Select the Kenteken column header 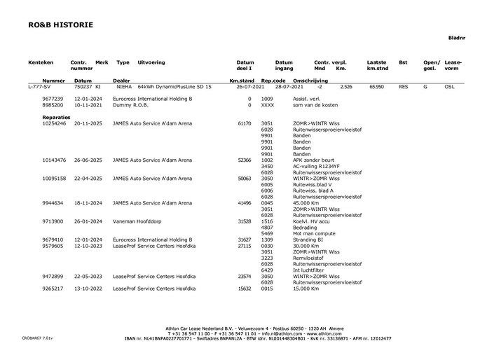41,62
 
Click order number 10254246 54,123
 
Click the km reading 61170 245,123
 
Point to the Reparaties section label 56,117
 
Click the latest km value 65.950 376,87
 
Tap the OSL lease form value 450,87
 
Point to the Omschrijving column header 308,81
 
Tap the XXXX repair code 267,105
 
